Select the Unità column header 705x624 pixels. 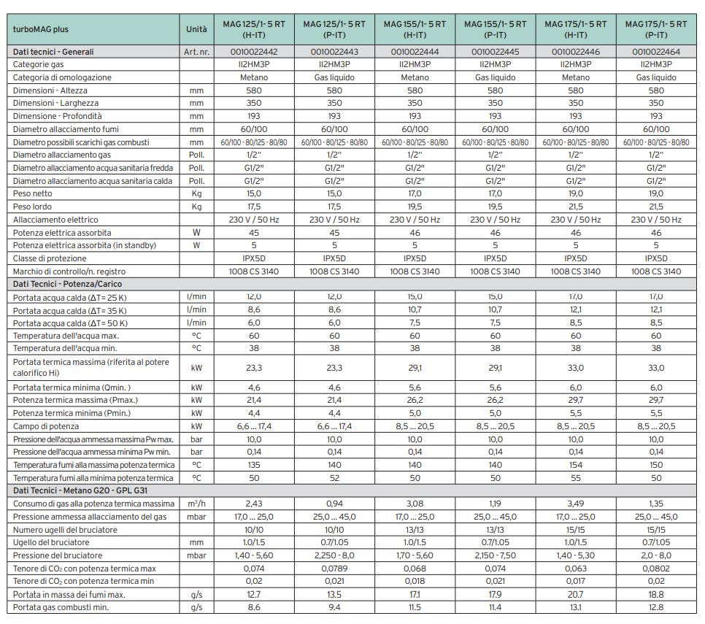pyautogui.click(x=196, y=29)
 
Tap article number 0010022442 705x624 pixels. pyautogui.click(x=253, y=52)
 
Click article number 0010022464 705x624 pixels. pyautogui.click(x=655, y=52)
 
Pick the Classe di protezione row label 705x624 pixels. pyautogui.click(x=50, y=258)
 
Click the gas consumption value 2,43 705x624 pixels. pyautogui.click(x=253, y=504)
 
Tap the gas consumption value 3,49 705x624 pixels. pyautogui.click(x=575, y=504)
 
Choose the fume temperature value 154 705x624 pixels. pyautogui.click(x=575, y=465)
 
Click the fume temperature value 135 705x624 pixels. pyautogui.click(x=253, y=465)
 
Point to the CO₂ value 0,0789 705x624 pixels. pyautogui.click(x=334, y=569)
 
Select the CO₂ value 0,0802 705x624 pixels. pyautogui.click(x=655, y=569)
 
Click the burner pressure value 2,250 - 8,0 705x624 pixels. pyautogui.click(x=334, y=555)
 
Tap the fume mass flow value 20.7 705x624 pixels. pyautogui.click(x=575, y=595)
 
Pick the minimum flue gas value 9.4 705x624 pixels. pyautogui.click(x=334, y=607)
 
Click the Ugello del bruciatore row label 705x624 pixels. pyautogui.click(x=51, y=542)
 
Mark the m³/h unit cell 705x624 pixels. pyautogui.click(x=196, y=504)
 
